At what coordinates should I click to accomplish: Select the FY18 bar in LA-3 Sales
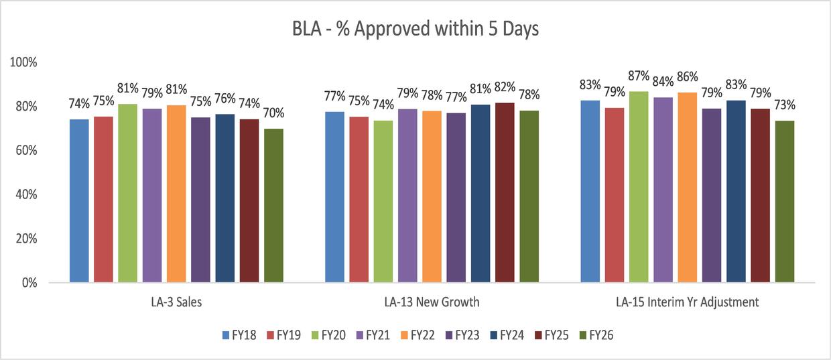79,200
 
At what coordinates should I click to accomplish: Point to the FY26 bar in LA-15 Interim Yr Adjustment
784,201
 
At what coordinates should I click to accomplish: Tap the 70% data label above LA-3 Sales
273,113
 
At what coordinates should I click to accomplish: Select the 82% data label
505,86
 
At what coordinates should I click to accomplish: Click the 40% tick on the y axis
25,194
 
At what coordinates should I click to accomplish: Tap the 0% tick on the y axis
28,283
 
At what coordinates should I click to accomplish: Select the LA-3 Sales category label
176,302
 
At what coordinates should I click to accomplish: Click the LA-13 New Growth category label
432,302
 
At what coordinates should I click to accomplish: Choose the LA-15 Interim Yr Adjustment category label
688,302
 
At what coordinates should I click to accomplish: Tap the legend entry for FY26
595,336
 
